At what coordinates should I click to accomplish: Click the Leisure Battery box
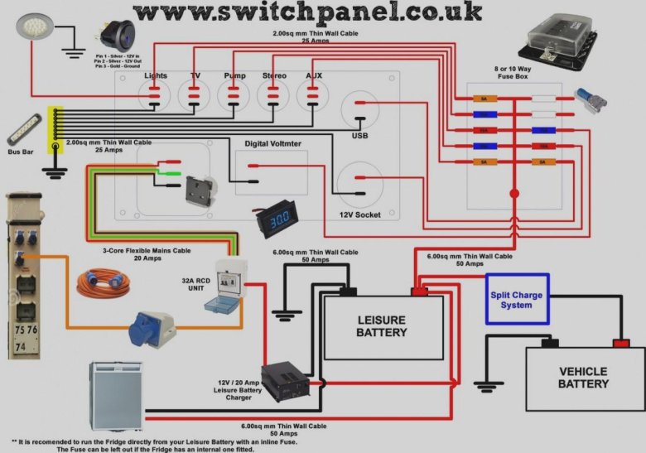click(x=382, y=326)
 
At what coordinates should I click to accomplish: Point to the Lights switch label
click(x=156, y=76)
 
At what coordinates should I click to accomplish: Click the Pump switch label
click(x=234, y=76)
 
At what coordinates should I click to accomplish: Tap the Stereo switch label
click(x=274, y=76)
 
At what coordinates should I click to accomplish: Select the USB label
click(x=359, y=136)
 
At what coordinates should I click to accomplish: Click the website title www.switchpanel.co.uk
click(x=306, y=12)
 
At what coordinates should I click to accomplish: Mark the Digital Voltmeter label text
click(x=273, y=144)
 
